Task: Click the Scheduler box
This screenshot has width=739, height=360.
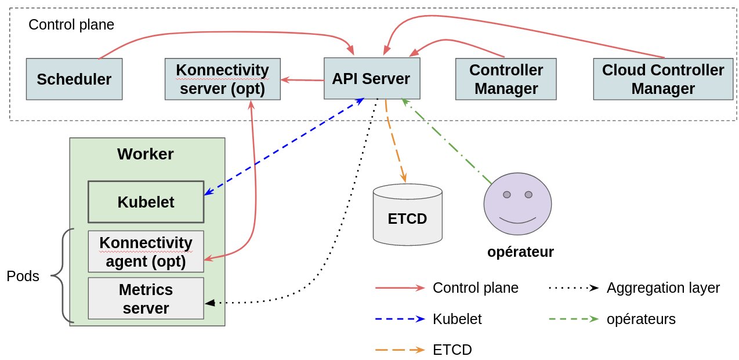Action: [74, 79]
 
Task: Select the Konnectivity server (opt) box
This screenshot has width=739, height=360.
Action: [222, 79]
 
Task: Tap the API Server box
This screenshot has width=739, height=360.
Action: [371, 78]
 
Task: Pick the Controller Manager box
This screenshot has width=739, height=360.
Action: [506, 79]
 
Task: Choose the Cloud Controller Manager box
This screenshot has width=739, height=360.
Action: [662, 79]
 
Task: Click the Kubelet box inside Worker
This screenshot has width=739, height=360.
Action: [146, 202]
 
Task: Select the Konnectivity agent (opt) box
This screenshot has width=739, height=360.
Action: [146, 251]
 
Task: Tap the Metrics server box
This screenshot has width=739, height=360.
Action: [146, 298]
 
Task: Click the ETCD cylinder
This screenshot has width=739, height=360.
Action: [407, 216]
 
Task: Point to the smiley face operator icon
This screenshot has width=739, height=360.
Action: [517, 203]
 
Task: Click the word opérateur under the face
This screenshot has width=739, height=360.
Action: [520, 252]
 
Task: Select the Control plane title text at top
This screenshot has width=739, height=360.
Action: [71, 25]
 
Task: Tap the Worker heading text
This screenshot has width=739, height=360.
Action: [145, 154]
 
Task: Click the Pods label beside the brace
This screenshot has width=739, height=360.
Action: [23, 277]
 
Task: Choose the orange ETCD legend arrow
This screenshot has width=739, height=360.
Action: [400, 350]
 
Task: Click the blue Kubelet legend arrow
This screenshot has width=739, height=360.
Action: [400, 319]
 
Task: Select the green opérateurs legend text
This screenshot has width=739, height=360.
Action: [641, 319]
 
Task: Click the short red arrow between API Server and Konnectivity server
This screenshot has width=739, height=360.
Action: [302, 80]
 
